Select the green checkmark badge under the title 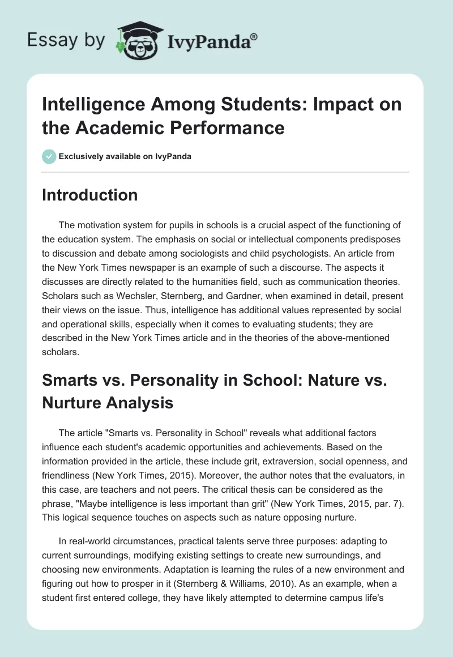tap(49, 156)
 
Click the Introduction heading tap(90, 195)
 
